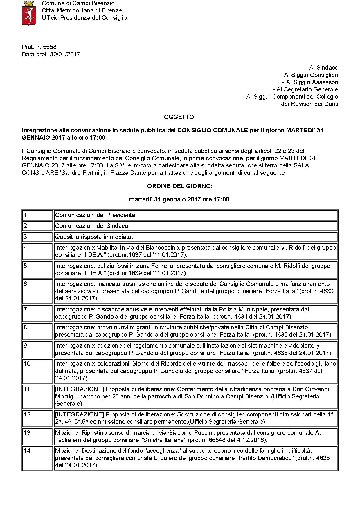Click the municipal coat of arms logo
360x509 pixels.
(x=29, y=13)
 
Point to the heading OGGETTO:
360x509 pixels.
(x=180, y=117)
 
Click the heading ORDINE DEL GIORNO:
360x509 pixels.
(x=180, y=186)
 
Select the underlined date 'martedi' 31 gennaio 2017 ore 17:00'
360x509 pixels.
(x=179, y=200)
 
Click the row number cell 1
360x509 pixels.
(x=37, y=215)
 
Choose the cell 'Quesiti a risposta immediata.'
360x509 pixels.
(x=94, y=237)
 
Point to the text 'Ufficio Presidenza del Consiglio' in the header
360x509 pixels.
(x=84, y=18)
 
